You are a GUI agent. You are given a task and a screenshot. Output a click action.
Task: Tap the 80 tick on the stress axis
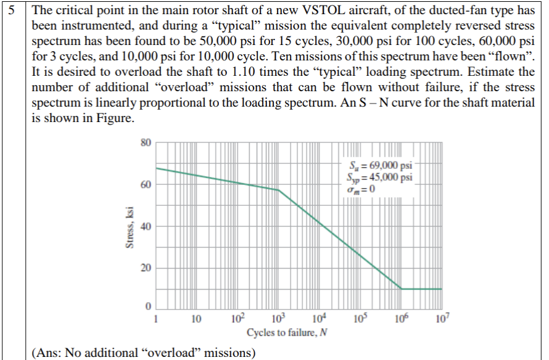tap(145, 143)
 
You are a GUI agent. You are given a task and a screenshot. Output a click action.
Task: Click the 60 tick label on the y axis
tap(145, 185)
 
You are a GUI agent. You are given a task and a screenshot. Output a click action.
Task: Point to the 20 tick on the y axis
tap(145, 268)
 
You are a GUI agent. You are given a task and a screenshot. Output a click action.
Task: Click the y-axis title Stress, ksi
tap(130, 227)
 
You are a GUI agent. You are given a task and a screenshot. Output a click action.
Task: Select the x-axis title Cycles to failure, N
tap(286, 332)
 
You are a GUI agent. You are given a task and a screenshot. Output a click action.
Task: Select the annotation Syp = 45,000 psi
tap(381, 176)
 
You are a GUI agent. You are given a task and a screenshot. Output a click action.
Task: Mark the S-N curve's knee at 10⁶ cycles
tap(402, 288)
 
